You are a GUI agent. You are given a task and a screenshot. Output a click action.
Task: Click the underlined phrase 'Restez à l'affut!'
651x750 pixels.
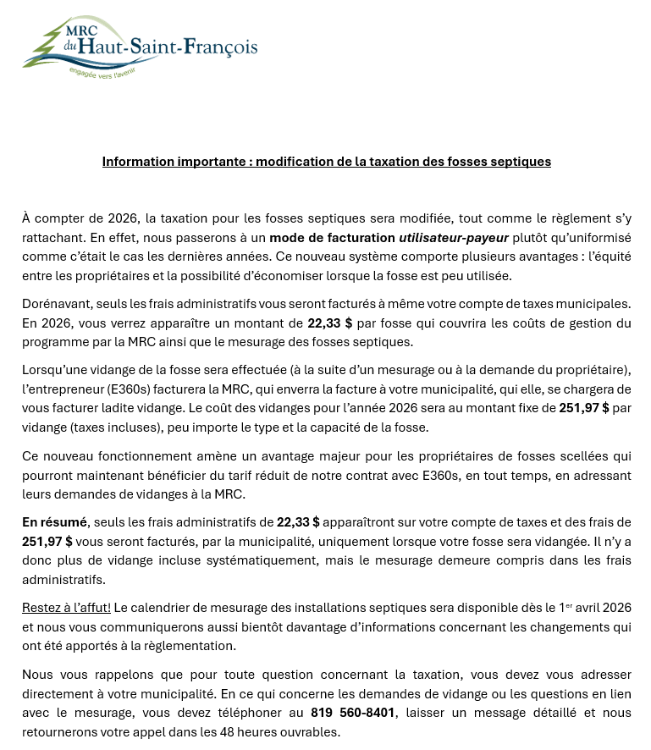coord(67,608)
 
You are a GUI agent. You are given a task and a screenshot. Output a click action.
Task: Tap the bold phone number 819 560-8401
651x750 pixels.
coord(352,713)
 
